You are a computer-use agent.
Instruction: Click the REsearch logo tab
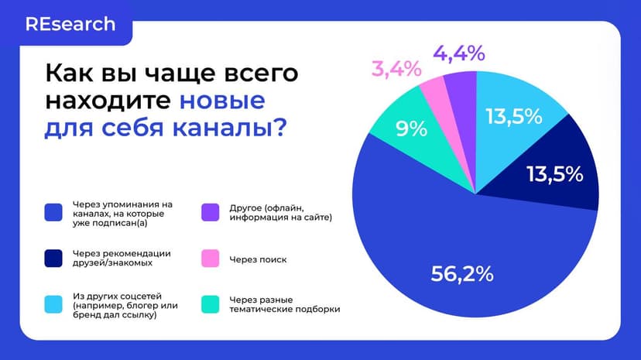[x=70, y=24]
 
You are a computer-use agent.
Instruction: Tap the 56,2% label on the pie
[x=461, y=273]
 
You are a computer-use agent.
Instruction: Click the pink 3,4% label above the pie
[x=396, y=68]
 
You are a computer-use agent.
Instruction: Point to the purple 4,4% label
[x=458, y=53]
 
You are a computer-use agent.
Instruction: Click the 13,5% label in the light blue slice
[x=513, y=117]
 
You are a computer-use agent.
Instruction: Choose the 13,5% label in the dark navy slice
[x=554, y=175]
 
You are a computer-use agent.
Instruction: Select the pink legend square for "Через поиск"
[x=209, y=259]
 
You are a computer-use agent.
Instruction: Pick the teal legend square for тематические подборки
[x=209, y=304]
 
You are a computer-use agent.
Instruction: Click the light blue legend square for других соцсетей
[x=53, y=304]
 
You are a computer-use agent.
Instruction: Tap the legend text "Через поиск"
[x=259, y=259]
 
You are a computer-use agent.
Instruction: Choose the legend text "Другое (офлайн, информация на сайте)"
[x=280, y=212]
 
